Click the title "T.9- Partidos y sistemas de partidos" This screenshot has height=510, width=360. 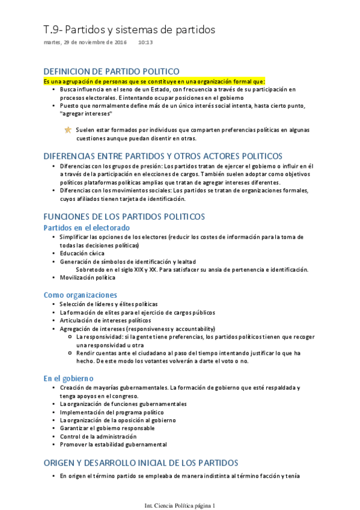click(x=129, y=29)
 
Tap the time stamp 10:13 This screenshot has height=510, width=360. click(x=145, y=43)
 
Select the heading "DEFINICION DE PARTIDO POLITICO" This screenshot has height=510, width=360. click(x=111, y=71)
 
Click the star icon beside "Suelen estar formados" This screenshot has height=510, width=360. click(x=68, y=129)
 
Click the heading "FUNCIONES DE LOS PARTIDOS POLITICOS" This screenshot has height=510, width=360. click(x=124, y=217)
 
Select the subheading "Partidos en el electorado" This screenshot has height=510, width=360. click(x=87, y=228)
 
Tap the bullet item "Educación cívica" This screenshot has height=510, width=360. click(x=82, y=253)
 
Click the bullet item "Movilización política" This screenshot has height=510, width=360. click(x=87, y=278)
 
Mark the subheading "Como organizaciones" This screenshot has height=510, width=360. click(x=80, y=295)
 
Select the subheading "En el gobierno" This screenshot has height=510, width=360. click(x=69, y=378)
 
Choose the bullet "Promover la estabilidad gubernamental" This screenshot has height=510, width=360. click(x=113, y=444)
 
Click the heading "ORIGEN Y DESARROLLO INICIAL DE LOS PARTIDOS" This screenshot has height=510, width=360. click(x=141, y=462)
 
